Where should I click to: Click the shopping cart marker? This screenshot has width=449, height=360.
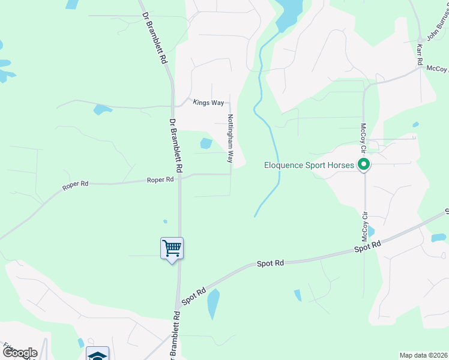tap(172, 248)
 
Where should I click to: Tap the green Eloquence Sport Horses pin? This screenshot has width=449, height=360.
tap(363, 164)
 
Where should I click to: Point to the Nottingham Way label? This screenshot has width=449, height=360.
tap(229, 139)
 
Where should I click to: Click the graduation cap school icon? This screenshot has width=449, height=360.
tap(97, 355)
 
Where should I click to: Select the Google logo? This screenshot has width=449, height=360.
tap(19, 353)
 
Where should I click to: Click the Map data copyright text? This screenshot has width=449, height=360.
tap(423, 355)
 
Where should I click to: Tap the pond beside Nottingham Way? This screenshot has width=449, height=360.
tap(206, 143)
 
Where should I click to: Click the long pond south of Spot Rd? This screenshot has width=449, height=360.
tap(214, 304)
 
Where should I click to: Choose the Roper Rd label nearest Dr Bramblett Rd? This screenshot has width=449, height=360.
tap(161, 179)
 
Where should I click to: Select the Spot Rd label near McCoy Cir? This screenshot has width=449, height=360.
tap(367, 246)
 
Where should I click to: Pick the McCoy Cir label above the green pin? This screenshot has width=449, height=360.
tap(363, 137)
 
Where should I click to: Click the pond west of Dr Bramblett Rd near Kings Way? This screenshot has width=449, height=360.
tap(102, 109)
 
